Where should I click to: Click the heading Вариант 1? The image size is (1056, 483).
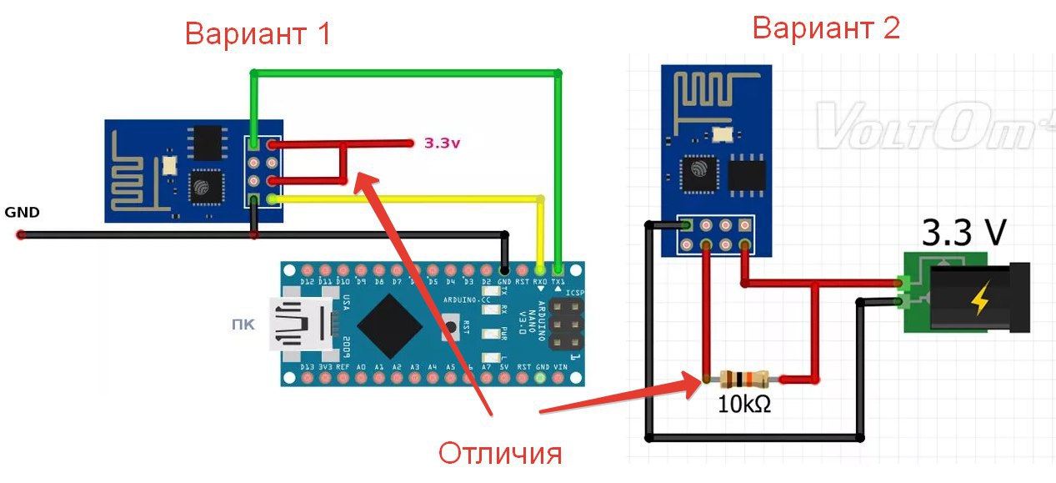[258, 34]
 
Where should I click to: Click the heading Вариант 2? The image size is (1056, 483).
[826, 28]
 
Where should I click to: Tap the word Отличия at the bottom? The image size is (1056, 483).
[500, 454]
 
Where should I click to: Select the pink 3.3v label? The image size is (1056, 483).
[442, 143]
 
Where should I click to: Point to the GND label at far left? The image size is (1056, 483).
[22, 213]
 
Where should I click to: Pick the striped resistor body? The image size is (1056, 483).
[744, 380]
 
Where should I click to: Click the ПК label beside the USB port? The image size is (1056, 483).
[243, 323]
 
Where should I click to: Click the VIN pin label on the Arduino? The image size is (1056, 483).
[560, 367]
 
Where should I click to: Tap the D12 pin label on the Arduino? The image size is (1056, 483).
[308, 282]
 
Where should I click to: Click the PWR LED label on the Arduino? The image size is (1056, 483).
[504, 335]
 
